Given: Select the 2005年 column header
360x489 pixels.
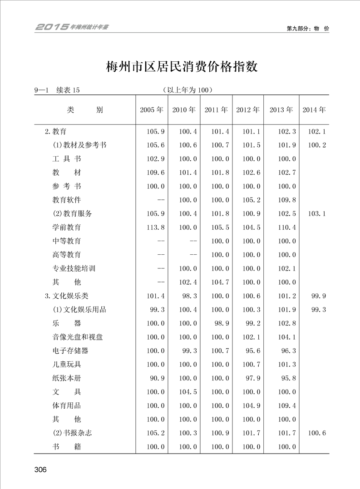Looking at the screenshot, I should [x=152, y=110].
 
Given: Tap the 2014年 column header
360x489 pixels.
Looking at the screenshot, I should [x=314, y=110].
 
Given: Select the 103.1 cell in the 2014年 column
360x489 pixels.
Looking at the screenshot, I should [x=317, y=214].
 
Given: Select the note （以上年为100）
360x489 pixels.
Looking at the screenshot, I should [x=188, y=90].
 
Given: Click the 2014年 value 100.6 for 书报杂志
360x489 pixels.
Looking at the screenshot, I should [x=317, y=433].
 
